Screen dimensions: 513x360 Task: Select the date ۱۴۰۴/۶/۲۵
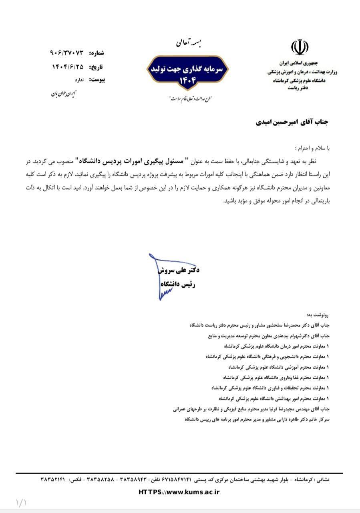pyautogui.click(x=68, y=67)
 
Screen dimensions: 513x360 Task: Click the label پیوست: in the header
pyautogui.click(x=97, y=80)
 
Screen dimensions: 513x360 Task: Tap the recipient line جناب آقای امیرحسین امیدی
pyautogui.click(x=292, y=122)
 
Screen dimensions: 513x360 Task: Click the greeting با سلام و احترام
pyautogui.click(x=312, y=148)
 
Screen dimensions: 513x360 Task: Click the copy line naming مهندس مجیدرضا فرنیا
pyautogui.click(x=251, y=409)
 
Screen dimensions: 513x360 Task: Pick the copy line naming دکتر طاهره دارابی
pyautogui.click(x=257, y=419)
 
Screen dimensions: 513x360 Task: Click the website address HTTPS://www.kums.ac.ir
pyautogui.click(x=179, y=492)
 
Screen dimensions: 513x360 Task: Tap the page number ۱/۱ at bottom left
pyautogui.click(x=21, y=503)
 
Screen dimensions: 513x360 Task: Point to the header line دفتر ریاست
pyautogui.click(x=298, y=87)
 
